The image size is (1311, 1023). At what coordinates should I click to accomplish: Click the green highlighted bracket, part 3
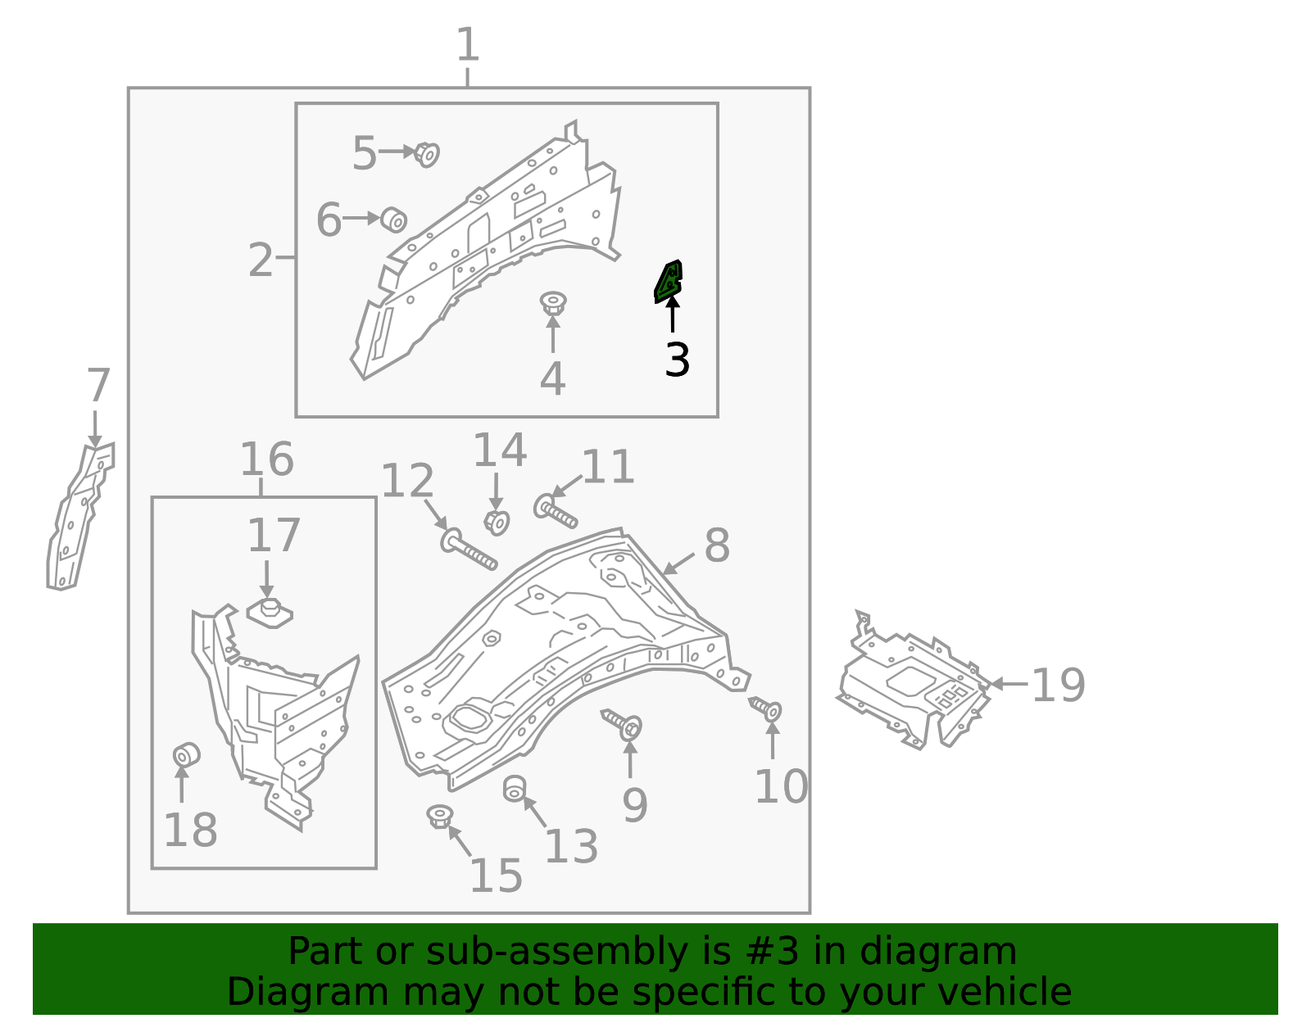(669, 281)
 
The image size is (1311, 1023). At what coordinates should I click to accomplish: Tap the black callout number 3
(677, 360)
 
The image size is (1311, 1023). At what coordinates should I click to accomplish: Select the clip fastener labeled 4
(553, 304)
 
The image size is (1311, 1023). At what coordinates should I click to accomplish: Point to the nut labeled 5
(426, 153)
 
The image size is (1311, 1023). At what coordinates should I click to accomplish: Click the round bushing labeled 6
(394, 220)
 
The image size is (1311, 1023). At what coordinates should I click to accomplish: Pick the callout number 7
(98, 386)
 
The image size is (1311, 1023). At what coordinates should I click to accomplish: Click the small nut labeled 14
(497, 521)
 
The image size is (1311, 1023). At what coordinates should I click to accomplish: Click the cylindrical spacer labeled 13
(514, 789)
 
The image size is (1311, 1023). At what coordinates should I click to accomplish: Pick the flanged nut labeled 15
(440, 817)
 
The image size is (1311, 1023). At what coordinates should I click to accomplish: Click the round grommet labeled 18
(186, 754)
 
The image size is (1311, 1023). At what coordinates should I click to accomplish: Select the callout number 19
(1057, 685)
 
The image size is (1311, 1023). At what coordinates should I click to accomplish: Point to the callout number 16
(266, 459)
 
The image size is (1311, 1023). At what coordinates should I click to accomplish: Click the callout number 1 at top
(467, 45)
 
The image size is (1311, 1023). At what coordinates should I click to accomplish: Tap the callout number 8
(717, 545)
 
